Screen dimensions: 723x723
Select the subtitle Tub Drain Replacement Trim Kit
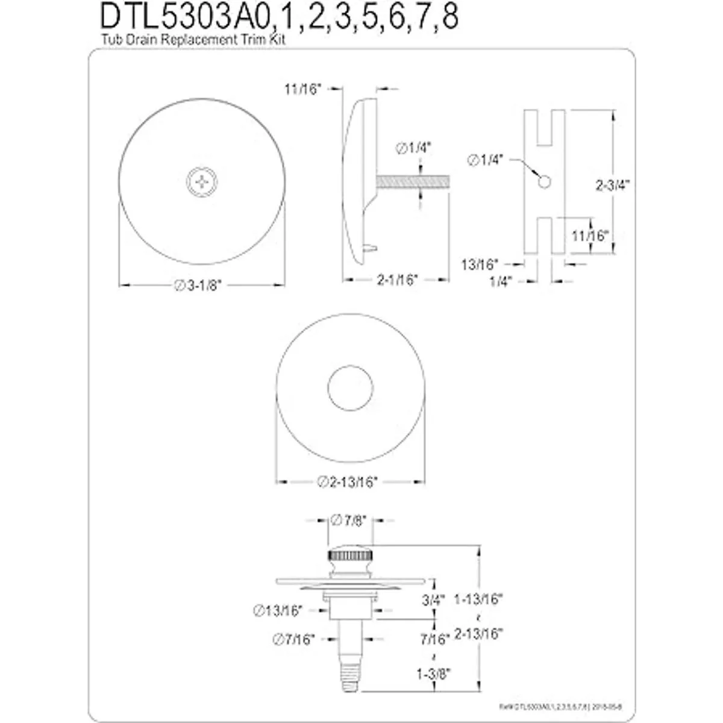pyautogui.click(x=192, y=41)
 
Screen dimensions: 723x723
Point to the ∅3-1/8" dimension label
pyautogui.click(x=199, y=287)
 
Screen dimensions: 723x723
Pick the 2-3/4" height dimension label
pyautogui.click(x=613, y=186)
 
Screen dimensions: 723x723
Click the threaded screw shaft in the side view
pyautogui.click(x=412, y=181)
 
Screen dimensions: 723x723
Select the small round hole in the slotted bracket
pyautogui.click(x=543, y=181)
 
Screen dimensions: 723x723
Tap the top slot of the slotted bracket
pyautogui.click(x=544, y=127)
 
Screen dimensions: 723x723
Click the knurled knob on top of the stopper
pyautogui.click(x=350, y=555)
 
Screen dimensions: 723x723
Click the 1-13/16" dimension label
pyautogui.click(x=479, y=600)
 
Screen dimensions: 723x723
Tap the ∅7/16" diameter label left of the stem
pyautogui.click(x=294, y=639)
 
